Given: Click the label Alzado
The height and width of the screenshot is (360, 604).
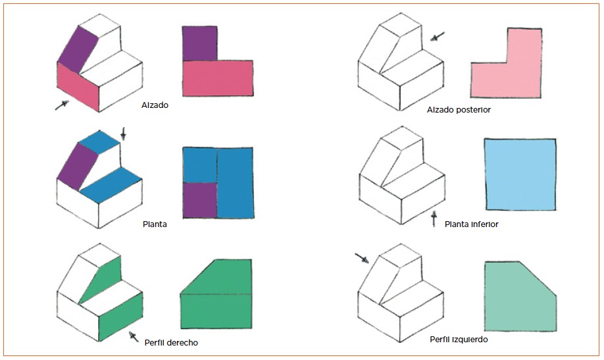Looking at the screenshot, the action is (x=155, y=105).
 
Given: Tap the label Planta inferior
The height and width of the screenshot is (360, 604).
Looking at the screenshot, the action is (x=472, y=224).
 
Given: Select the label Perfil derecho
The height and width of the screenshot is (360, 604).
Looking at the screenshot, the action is (x=171, y=343).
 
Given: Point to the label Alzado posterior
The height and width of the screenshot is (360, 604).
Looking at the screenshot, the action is (x=459, y=110).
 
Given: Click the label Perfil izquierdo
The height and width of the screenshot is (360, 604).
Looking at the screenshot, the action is (x=459, y=340).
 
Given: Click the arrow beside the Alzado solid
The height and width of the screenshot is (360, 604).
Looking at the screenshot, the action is (x=62, y=105).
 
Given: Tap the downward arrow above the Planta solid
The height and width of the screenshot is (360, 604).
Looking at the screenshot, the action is (x=123, y=134).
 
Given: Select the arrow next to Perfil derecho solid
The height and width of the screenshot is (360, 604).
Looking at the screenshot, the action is (x=134, y=337).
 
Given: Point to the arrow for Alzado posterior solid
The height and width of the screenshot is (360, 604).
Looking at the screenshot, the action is (x=438, y=37).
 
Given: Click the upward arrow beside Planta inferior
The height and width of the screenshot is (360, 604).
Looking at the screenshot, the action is (x=434, y=219).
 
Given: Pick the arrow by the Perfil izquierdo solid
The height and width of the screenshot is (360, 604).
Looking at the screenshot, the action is (x=362, y=258).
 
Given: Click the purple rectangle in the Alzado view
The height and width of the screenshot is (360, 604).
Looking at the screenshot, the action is (x=199, y=43).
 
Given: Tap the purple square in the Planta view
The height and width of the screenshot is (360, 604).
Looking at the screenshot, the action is (x=200, y=201).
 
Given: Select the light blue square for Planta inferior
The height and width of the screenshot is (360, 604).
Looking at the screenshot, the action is (x=520, y=174).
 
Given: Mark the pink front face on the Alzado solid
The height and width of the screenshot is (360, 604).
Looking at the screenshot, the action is (x=78, y=87).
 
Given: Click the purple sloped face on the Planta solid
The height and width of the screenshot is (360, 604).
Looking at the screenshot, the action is (x=77, y=167).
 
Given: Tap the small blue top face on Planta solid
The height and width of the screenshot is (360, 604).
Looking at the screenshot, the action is (x=100, y=141).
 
